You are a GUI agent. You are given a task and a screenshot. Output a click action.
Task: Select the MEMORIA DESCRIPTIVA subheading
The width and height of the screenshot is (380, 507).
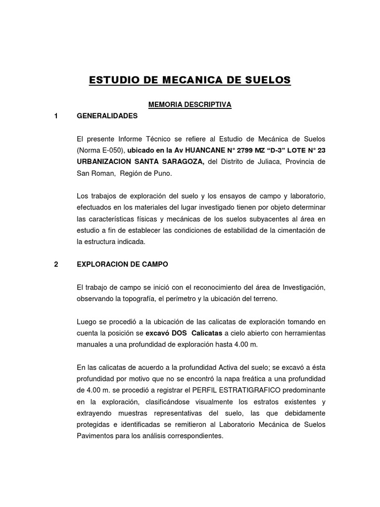[190, 104]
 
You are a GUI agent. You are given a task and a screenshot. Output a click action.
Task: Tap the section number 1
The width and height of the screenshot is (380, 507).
[56, 116]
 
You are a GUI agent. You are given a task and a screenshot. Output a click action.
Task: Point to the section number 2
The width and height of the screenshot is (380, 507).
[56, 264]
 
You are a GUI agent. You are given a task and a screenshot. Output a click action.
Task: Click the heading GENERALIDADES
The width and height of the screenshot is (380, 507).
[107, 116]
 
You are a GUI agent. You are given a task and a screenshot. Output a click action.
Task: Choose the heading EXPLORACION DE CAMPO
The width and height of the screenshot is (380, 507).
[123, 264]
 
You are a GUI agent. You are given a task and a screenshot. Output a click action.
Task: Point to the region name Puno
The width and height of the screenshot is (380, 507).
[166, 174]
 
